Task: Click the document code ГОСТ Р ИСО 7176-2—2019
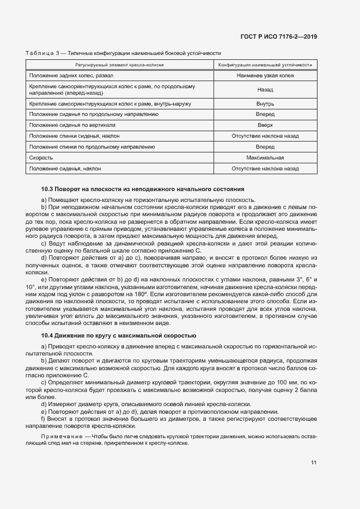click(x=279, y=36)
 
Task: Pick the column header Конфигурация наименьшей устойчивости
click(x=265, y=64)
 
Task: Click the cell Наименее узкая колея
click(x=265, y=75)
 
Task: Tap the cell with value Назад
click(x=265, y=89)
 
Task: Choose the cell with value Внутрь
click(x=265, y=103)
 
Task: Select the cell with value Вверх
click(x=265, y=125)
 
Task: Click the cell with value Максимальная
click(x=265, y=158)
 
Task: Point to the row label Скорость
click(x=41, y=158)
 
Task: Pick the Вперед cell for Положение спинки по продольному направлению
click(x=265, y=147)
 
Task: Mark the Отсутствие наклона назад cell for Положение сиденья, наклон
click(x=265, y=169)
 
